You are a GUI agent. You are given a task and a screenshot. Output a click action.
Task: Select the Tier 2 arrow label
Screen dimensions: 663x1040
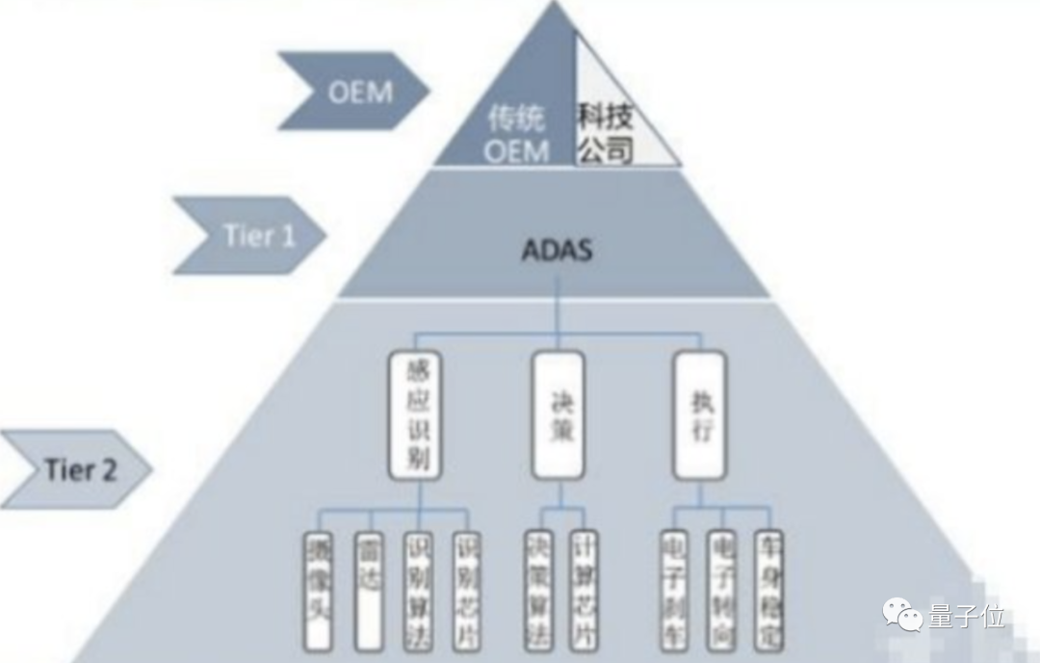(x=77, y=469)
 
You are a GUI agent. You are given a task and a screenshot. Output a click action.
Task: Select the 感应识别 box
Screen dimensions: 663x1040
(x=415, y=414)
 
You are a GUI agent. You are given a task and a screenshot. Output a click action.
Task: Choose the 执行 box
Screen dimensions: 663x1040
(x=699, y=414)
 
